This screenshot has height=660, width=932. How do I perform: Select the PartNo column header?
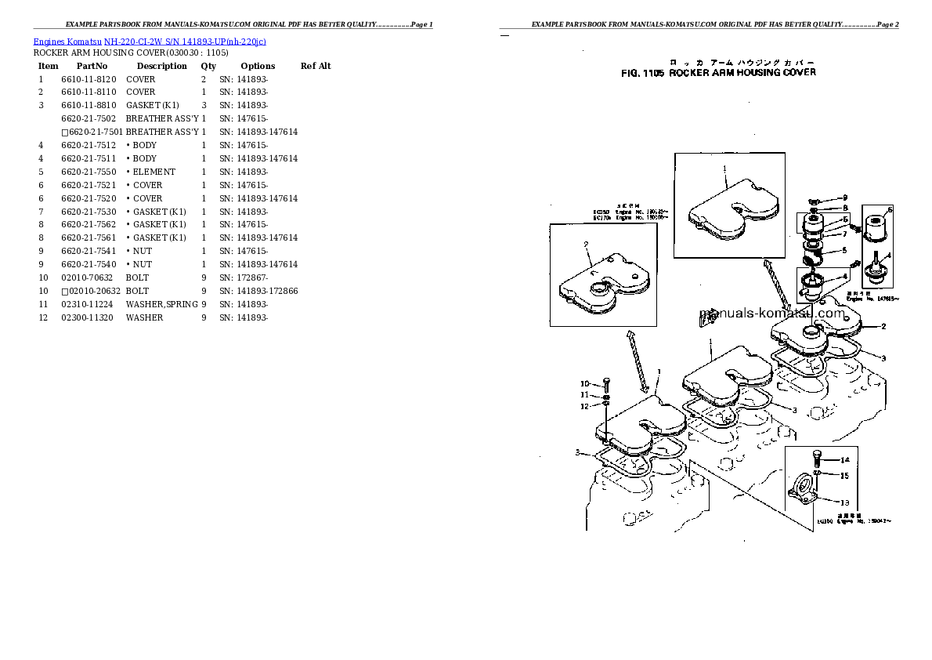(92, 66)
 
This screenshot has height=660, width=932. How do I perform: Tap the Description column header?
(161, 66)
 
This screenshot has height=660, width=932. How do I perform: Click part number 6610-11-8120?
(89, 79)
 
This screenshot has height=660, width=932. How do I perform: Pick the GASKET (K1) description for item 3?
(152, 105)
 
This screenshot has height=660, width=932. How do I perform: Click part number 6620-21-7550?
(89, 172)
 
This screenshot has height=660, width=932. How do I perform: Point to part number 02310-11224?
(89, 304)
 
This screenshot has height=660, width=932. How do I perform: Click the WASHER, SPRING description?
(161, 304)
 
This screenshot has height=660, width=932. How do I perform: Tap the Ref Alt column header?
(316, 66)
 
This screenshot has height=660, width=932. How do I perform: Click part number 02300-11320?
(89, 317)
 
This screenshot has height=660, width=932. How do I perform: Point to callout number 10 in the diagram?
(583, 383)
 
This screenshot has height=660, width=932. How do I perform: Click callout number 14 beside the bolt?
(844, 460)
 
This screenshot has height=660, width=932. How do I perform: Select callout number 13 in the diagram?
(844, 502)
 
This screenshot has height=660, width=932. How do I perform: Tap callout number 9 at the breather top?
(844, 198)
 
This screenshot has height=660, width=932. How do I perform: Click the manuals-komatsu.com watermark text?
(771, 314)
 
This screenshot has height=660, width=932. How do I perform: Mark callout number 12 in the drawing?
(583, 406)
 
